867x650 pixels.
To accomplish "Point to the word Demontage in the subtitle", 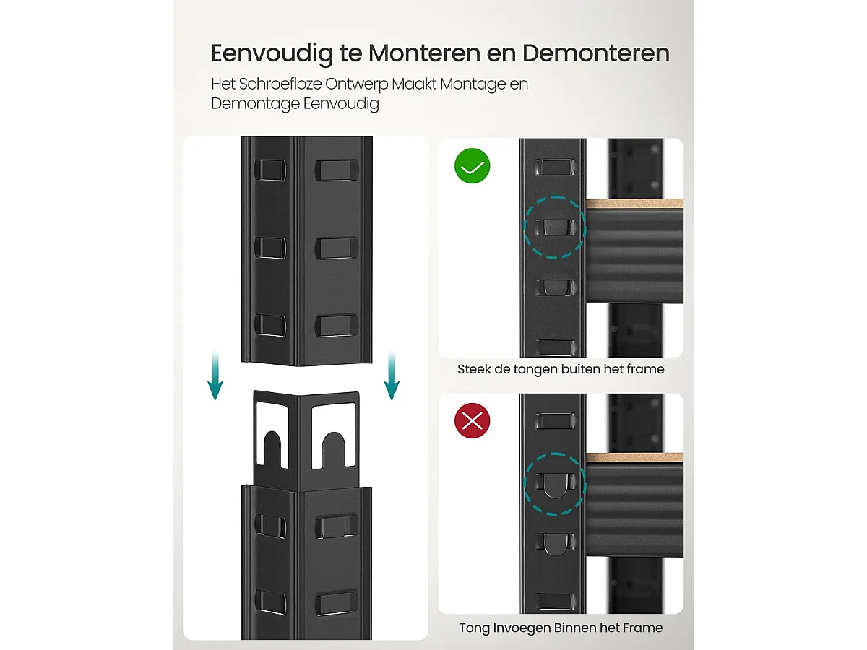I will point(255,104).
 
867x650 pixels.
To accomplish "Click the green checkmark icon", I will point(472,166).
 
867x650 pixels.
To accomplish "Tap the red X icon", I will point(472,420).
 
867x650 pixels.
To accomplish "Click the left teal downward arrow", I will point(215,376).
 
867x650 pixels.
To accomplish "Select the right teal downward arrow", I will point(391,376).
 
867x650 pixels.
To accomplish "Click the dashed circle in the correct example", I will point(554,227).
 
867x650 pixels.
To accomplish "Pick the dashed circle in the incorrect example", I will point(554,484).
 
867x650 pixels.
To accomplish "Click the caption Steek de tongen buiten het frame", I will point(560,369).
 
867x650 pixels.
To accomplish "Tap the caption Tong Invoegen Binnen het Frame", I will point(560,628).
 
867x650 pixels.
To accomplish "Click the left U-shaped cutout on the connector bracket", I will point(274,448).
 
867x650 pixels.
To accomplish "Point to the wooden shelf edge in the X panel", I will point(634,459).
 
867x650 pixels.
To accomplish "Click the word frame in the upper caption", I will point(646,369).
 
